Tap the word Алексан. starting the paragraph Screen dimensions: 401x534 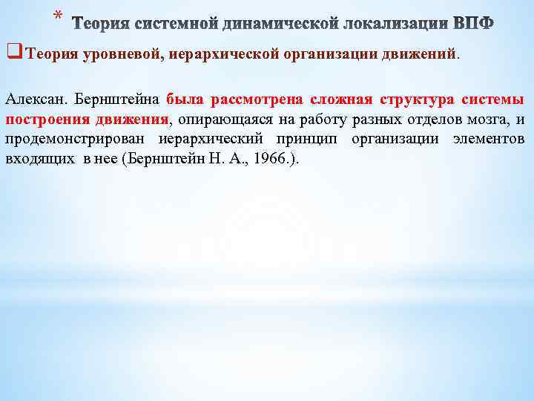click(34, 100)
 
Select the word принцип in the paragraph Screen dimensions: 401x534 click(311, 140)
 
